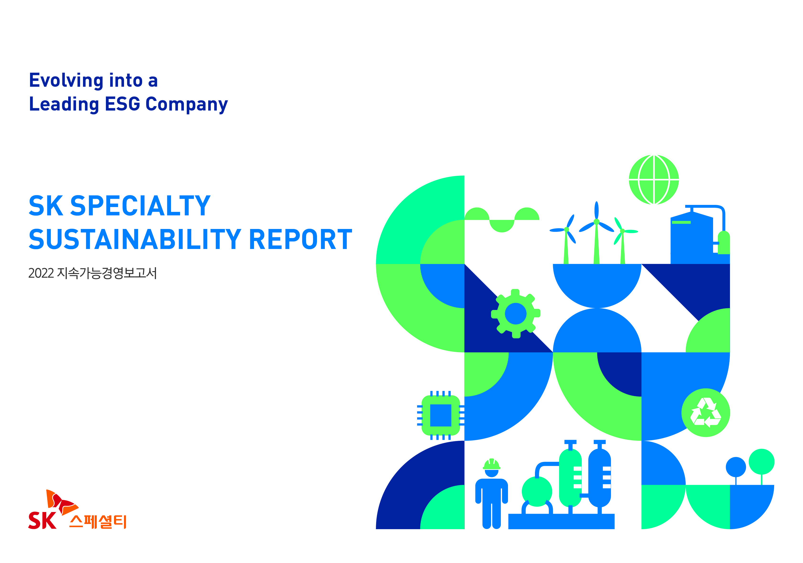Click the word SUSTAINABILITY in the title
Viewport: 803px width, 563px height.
pos(135,239)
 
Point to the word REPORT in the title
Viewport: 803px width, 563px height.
pos(300,239)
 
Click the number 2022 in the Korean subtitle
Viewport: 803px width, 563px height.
pos(41,273)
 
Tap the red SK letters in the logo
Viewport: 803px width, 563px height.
pos(42,520)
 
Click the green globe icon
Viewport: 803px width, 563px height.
pos(654,180)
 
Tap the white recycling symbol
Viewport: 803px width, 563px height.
pos(705,412)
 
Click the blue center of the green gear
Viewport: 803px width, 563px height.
pos(516,314)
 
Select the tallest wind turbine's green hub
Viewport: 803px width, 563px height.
pos(597,222)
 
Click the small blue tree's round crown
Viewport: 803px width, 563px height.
pos(736,467)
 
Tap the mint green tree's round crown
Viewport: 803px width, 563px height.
pos(761,462)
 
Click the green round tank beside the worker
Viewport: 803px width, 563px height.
pos(537,491)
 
